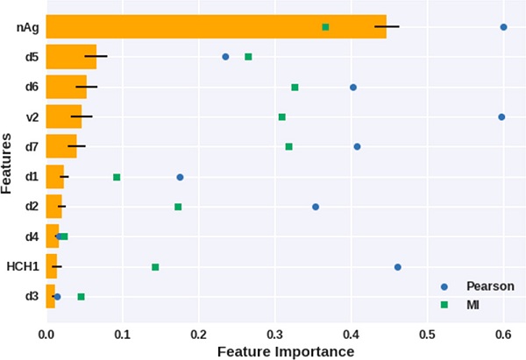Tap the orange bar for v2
(63, 116)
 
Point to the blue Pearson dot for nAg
(503, 27)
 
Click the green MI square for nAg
(325, 27)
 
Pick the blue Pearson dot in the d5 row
(225, 57)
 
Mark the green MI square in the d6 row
(295, 87)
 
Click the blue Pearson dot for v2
(501, 116)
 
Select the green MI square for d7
(288, 146)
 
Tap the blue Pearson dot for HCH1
(397, 266)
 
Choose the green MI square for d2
(178, 207)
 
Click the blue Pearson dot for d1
(180, 177)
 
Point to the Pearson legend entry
(478, 286)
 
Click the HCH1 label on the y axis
(21, 266)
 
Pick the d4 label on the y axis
(31, 236)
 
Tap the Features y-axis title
(7, 162)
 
